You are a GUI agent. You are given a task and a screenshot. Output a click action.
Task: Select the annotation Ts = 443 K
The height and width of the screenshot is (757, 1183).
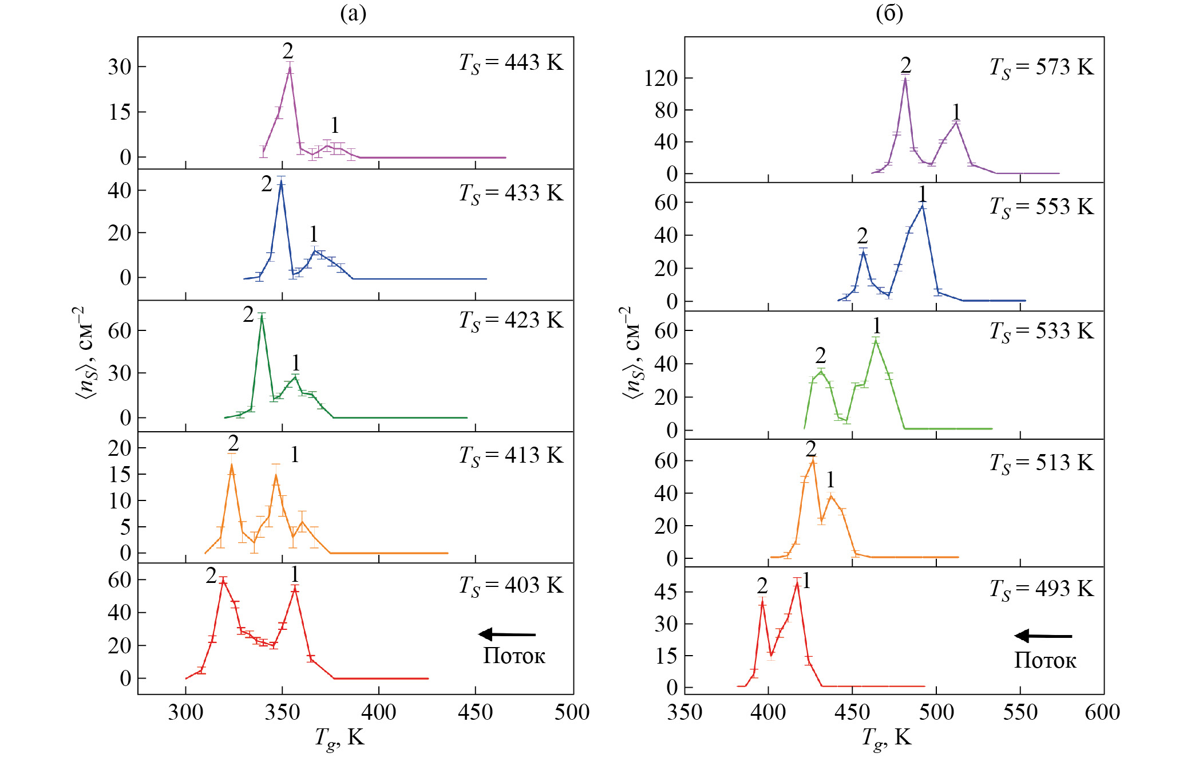click(x=511, y=63)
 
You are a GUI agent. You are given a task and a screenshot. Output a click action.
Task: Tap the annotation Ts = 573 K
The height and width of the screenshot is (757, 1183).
click(x=1041, y=68)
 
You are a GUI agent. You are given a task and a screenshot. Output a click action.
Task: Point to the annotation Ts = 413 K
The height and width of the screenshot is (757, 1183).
click(x=511, y=456)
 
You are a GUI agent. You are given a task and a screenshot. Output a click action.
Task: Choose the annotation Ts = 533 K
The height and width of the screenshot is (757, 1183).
click(x=1041, y=332)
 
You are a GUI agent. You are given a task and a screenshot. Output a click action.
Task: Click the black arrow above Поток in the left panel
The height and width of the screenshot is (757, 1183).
click(x=507, y=634)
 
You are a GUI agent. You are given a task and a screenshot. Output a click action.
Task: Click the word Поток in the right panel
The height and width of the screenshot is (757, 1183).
click(x=1045, y=661)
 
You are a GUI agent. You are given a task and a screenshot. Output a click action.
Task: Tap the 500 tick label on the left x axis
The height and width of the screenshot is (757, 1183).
click(x=572, y=712)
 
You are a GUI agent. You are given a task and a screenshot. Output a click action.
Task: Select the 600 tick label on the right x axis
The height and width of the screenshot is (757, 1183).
click(x=1102, y=712)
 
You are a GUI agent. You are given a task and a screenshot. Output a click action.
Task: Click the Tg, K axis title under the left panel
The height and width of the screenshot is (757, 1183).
click(x=339, y=738)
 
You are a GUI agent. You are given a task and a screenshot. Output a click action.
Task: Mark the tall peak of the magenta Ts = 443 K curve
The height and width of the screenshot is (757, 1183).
click(x=290, y=68)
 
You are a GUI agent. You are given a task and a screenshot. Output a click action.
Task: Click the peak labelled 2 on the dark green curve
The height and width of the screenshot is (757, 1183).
click(x=262, y=315)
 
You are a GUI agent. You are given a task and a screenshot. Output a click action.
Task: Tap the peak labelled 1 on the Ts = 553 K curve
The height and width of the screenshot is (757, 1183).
click(x=922, y=206)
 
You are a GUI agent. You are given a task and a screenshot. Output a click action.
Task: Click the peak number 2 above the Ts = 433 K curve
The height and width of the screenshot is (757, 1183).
click(x=267, y=184)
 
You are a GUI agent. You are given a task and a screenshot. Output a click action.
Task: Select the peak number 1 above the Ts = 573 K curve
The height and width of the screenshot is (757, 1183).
click(x=956, y=112)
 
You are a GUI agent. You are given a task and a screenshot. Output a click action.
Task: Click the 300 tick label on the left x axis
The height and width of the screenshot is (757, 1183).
click(x=185, y=712)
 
